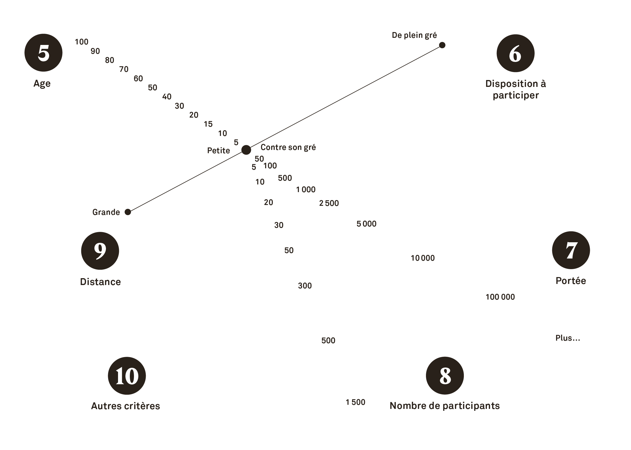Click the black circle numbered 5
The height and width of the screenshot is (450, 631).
click(x=43, y=53)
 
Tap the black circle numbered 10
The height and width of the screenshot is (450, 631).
click(x=127, y=375)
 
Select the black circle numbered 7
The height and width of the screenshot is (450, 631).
click(x=571, y=250)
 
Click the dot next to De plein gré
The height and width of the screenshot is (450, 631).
click(x=442, y=45)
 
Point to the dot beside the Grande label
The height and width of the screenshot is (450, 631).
click(x=128, y=212)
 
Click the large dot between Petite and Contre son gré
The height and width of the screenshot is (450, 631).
click(x=246, y=150)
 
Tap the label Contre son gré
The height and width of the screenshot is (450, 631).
click(x=288, y=147)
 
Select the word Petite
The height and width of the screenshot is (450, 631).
click(x=218, y=150)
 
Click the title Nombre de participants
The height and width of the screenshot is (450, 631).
click(x=445, y=406)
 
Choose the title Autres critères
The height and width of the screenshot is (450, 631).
click(x=125, y=406)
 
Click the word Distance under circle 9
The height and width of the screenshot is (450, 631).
click(x=100, y=282)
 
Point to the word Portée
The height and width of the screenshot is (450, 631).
click(x=571, y=281)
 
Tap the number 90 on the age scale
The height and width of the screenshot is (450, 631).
click(x=95, y=51)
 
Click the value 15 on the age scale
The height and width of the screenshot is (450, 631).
click(x=208, y=124)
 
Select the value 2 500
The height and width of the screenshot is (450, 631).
click(x=329, y=203)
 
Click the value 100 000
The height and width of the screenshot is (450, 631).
click(x=500, y=297)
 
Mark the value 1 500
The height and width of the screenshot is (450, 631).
click(x=355, y=402)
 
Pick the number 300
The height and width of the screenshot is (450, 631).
click(x=305, y=285)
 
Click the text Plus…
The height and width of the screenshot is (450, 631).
click(x=567, y=338)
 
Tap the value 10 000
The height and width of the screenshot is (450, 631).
click(x=423, y=258)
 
